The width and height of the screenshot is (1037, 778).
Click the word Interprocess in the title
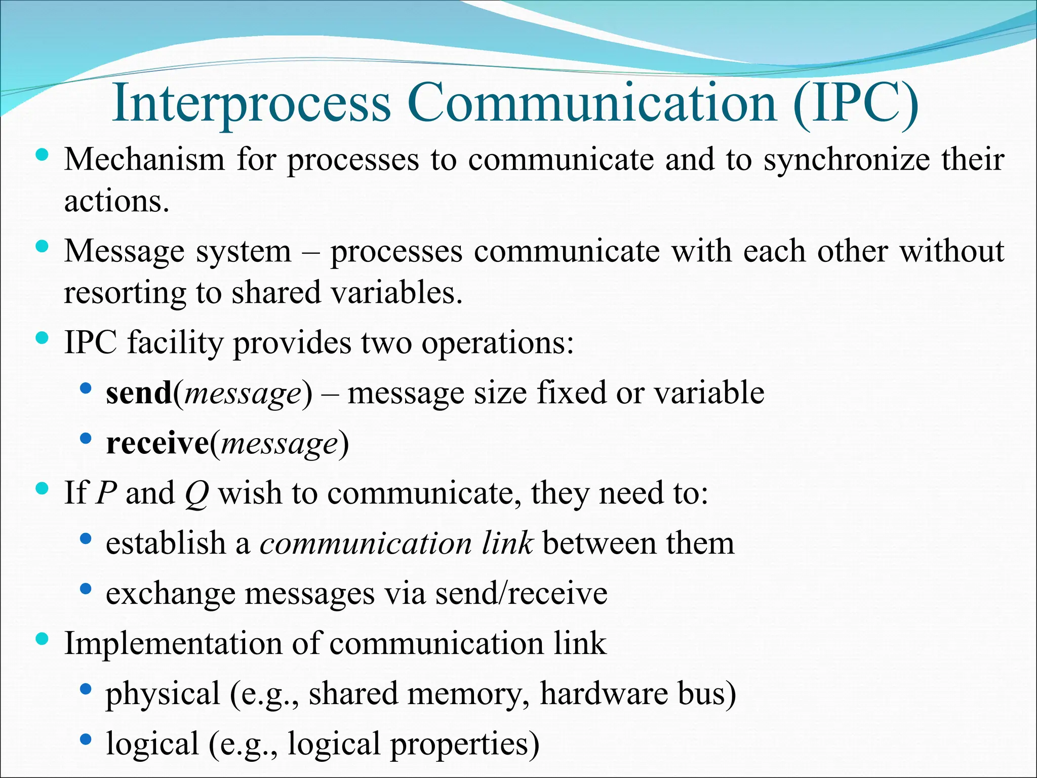click(252, 103)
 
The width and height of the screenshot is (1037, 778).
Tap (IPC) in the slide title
click(855, 103)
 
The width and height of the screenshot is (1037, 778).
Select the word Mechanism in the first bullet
click(144, 160)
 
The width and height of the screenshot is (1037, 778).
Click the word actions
click(116, 201)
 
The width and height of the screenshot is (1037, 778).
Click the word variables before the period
click(395, 292)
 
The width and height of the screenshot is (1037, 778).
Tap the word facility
click(175, 343)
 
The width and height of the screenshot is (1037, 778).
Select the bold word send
click(139, 393)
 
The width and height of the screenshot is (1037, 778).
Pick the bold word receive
click(157, 443)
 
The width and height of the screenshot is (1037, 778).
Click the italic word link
click(507, 543)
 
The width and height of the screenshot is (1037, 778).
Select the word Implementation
click(173, 643)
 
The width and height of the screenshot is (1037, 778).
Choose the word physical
click(163, 694)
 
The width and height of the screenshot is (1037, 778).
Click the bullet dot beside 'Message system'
click(43, 247)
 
